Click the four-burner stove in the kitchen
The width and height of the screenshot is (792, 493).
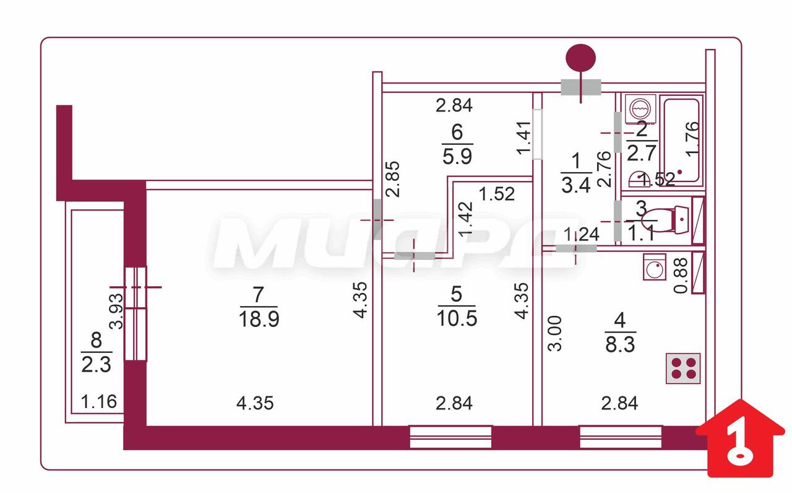point(682,369)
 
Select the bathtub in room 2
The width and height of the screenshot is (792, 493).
point(681,140)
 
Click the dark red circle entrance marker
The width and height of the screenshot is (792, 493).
point(580,58)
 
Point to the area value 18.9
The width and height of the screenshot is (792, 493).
point(259,319)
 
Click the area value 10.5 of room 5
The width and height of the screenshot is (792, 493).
point(457,318)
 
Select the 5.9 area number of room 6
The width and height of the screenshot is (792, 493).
point(457,156)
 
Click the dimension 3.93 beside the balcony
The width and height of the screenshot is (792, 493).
point(117,312)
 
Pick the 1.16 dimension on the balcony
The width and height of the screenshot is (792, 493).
point(98,402)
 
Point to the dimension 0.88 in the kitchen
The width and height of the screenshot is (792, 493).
point(681,276)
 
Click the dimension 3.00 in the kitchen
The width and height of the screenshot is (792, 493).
point(554,333)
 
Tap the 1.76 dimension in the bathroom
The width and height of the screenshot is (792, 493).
point(692,139)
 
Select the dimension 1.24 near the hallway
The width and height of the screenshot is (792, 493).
point(582,234)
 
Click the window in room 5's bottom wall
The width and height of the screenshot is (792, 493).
point(450,437)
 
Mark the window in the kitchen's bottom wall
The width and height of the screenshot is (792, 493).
point(621,437)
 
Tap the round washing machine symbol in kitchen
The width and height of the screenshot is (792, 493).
point(655,267)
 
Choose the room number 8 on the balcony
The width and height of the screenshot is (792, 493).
point(96,341)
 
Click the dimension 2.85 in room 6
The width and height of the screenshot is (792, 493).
point(392,179)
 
